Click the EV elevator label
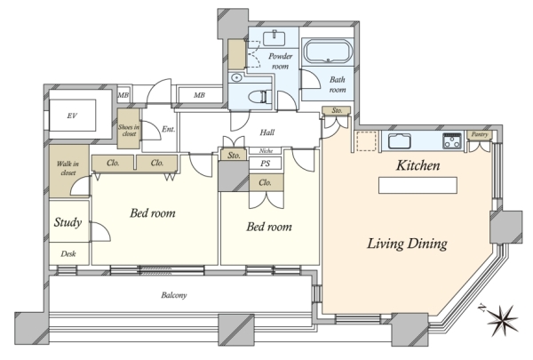pos(72,116)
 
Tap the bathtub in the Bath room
pos(328,52)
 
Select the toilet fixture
pos(260,97)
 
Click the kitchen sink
pos(400,140)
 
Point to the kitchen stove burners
pos(452,140)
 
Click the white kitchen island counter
pos(418,185)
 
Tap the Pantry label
pos(480,134)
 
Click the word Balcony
pos(174,295)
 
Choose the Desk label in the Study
pos(68,253)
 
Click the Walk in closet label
pos(68,168)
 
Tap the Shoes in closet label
pos(129,131)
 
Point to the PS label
pos(265,164)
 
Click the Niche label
pos(266,151)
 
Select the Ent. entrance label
pos(168,129)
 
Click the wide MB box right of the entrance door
pos(200,95)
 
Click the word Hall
pos(267,132)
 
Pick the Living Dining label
pos(407,244)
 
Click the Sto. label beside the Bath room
pos(337,110)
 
